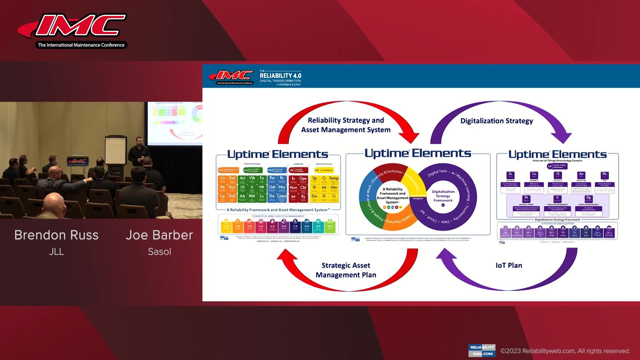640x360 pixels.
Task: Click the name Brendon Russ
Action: [x=56, y=235]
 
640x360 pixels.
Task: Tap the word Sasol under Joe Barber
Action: [x=159, y=252]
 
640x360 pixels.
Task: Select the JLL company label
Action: [x=56, y=252]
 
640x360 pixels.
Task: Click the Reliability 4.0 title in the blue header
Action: [x=280, y=76]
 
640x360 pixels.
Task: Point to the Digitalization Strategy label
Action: [x=496, y=121]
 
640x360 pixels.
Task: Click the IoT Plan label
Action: [x=509, y=266]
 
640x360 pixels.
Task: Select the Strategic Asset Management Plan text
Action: [x=346, y=270]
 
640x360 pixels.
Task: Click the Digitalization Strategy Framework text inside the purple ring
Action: [x=443, y=196]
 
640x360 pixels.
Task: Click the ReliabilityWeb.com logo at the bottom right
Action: [x=482, y=350]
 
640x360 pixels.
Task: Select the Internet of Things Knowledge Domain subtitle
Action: [x=557, y=161]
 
